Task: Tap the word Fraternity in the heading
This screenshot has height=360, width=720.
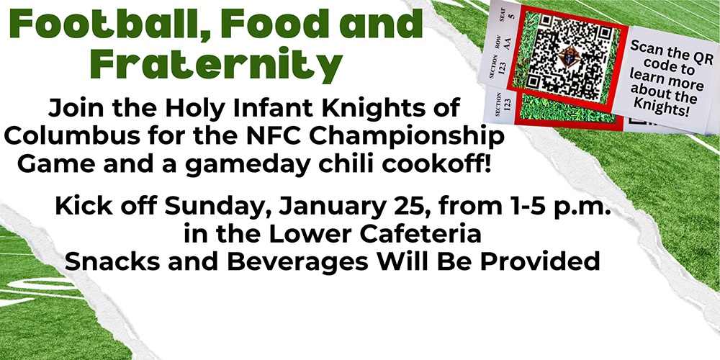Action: point(219,65)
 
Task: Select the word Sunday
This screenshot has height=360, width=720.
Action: point(212,210)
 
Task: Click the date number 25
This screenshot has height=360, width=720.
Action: point(393,210)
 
